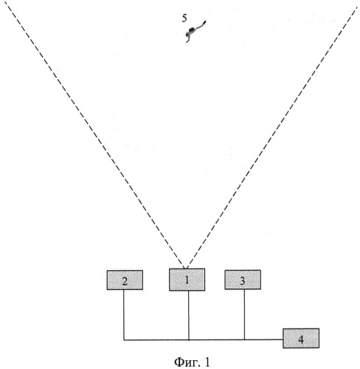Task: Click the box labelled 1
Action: [187, 280]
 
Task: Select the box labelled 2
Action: [125, 280]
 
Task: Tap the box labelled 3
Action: [243, 280]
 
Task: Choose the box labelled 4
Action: [301, 338]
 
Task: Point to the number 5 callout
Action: [184, 18]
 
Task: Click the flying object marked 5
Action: [195, 31]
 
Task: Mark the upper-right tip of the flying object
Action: [205, 21]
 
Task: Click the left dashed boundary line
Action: [94, 134]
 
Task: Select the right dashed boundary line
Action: [271, 137]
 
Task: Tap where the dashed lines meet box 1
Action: [186, 269]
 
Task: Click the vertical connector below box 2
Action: [124, 315]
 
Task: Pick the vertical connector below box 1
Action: [189, 315]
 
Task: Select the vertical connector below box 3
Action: [244, 314]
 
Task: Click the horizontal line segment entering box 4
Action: [263, 339]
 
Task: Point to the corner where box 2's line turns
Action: [124, 340]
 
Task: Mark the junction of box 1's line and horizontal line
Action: [189, 340]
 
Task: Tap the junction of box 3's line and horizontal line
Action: [244, 339]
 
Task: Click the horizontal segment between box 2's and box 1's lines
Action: [156, 340]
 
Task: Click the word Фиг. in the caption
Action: [187, 362]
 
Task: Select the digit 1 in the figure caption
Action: [207, 362]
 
